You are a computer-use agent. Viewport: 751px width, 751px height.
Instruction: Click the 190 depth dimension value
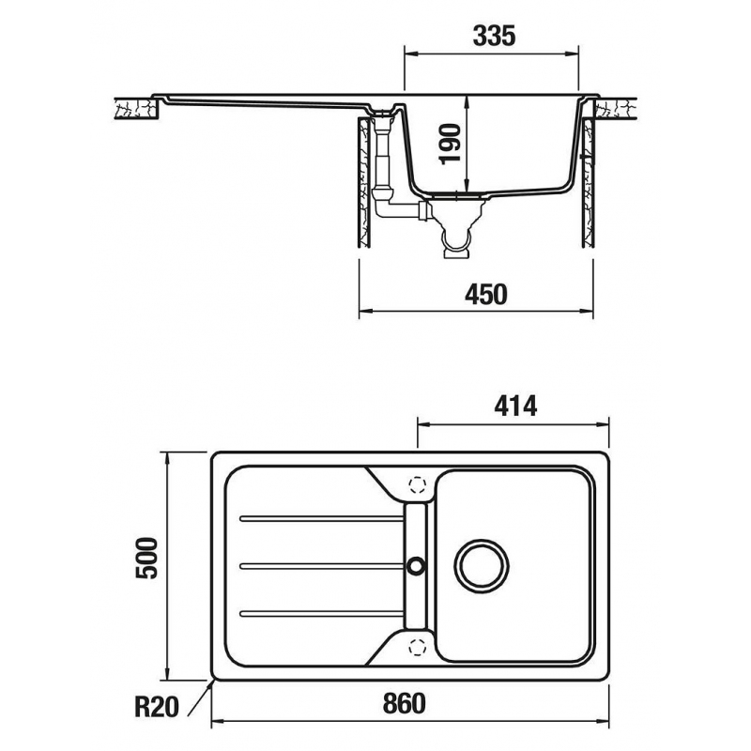[453, 144]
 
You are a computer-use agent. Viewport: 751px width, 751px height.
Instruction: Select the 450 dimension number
[485, 294]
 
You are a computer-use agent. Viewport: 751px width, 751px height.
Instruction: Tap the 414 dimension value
[513, 406]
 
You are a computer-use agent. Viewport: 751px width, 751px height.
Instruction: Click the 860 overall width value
[405, 703]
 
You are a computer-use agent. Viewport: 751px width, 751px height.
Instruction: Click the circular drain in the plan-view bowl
[482, 564]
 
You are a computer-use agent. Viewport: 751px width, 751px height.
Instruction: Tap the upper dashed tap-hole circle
[418, 485]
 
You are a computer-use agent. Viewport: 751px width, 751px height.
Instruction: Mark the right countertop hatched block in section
[620, 109]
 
